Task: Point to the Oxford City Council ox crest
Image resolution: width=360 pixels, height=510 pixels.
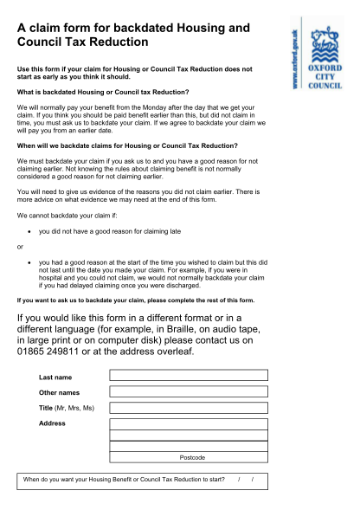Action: point(326,39)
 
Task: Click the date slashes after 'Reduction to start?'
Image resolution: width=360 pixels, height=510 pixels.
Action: point(245,480)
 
